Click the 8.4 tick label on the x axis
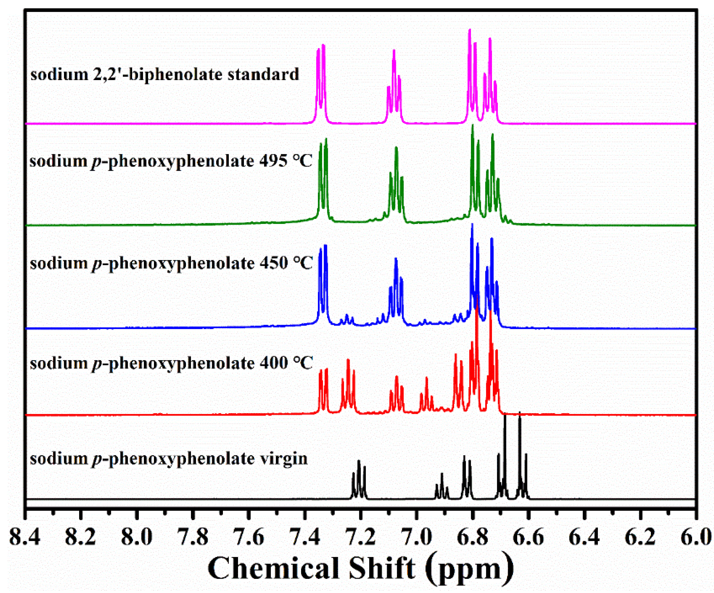click(x=25, y=537)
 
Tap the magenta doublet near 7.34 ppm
click(x=321, y=82)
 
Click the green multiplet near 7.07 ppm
click(x=396, y=184)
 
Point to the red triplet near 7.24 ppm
click(x=348, y=388)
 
